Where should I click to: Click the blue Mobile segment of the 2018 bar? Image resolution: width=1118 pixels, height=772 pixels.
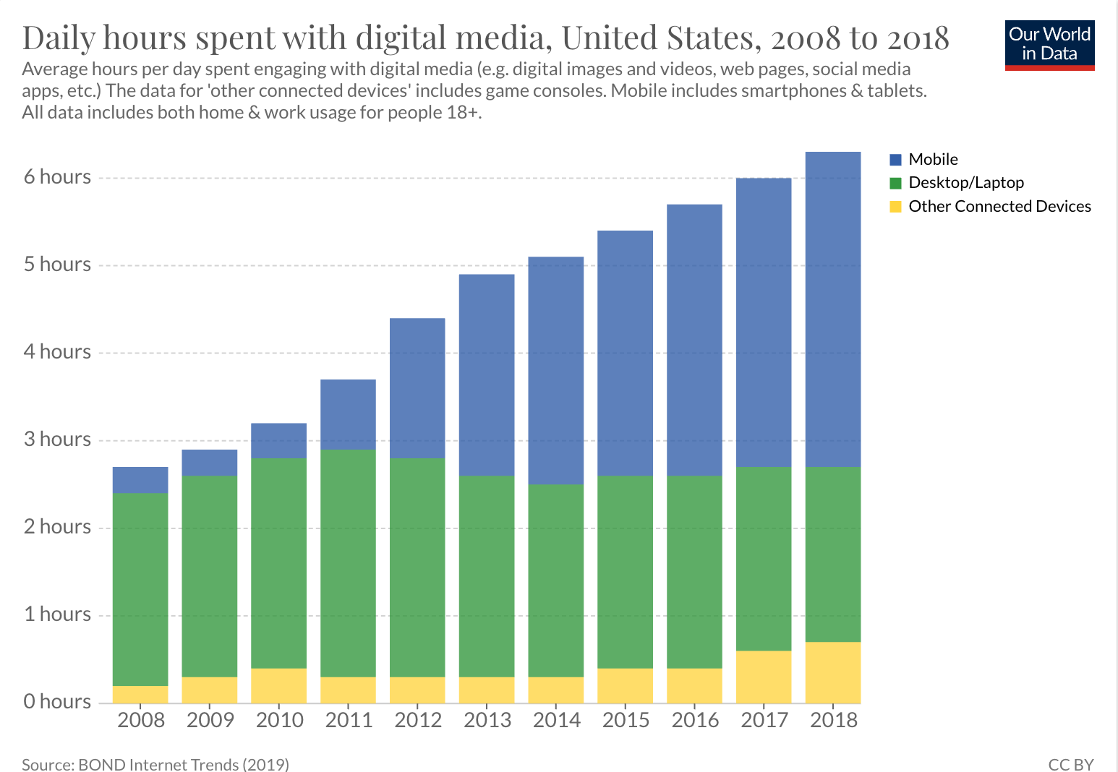coord(833,309)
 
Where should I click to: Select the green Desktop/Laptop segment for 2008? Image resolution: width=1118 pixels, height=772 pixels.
coord(140,589)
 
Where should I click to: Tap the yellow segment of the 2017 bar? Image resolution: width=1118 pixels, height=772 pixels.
coord(764,677)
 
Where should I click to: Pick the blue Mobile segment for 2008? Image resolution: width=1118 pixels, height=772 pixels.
coord(140,480)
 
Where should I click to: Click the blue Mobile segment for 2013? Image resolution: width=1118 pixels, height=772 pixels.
coord(487,374)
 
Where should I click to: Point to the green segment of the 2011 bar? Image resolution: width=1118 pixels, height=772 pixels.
coord(348,563)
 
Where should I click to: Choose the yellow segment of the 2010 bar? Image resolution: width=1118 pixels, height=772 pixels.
coord(278,685)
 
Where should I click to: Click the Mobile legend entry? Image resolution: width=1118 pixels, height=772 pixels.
coord(933,159)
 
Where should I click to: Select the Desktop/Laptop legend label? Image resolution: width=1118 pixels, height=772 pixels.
coord(966,183)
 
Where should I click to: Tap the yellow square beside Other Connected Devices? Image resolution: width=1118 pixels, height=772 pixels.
coord(896,207)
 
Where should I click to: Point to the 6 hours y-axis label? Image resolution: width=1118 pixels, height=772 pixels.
coord(58,177)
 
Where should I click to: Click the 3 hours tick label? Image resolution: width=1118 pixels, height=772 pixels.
coord(58,439)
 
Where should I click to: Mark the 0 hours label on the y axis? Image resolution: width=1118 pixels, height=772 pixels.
coord(58,701)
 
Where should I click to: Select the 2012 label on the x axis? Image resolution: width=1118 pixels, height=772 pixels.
coord(418,720)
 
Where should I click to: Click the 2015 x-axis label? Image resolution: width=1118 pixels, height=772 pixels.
coord(626,720)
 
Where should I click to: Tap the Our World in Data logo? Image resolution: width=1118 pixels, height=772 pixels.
coord(1049,45)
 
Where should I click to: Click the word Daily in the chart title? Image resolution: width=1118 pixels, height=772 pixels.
coord(59,38)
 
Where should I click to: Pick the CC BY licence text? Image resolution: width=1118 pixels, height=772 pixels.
coord(1071,764)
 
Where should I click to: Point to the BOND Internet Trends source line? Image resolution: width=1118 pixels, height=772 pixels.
coord(155,764)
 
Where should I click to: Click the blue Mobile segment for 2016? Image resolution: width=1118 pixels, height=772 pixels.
coord(694,340)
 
